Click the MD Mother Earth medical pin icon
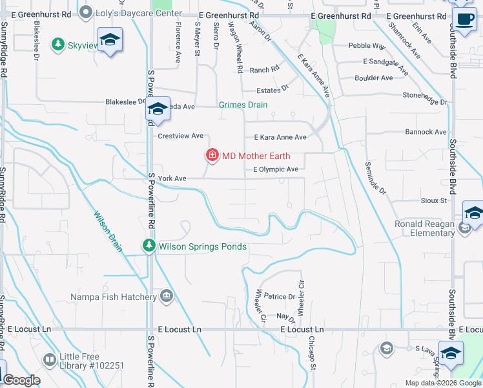pyautogui.click(x=212, y=155)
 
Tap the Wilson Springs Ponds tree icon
pyautogui.click(x=149, y=246)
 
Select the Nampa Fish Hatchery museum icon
pyautogui.click(x=167, y=297)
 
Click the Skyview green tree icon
pyautogui.click(x=58, y=43)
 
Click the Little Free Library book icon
pyautogui.click(x=49, y=360)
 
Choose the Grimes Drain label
pyautogui.click(x=243, y=105)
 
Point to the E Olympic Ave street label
pyautogui.click(x=276, y=169)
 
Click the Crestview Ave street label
pyautogui.click(x=181, y=136)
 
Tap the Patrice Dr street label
pyautogui.click(x=279, y=297)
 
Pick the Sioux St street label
pyautogui.click(x=434, y=201)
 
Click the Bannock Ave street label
pyautogui.click(x=426, y=132)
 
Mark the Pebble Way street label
pyautogui.click(x=367, y=47)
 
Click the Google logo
pyautogui.click(x=22, y=380)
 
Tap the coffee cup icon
pyautogui.click(x=464, y=19)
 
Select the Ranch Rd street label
pyautogui.click(x=264, y=70)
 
